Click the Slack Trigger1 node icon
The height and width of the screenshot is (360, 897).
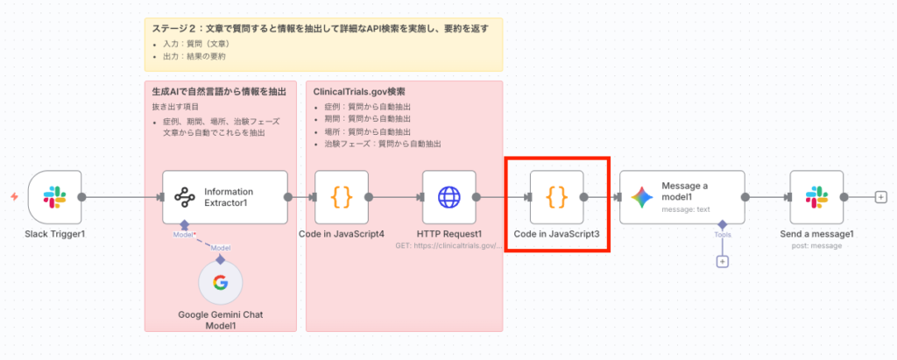54,196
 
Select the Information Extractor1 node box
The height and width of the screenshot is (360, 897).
225,196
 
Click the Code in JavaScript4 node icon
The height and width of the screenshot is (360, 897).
342,196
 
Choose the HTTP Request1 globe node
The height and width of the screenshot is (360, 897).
448,196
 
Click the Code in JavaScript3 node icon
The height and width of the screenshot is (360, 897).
556,196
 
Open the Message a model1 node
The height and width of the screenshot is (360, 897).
682,196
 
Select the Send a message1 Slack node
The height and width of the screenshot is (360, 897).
816,196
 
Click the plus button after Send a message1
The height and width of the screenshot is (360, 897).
880,196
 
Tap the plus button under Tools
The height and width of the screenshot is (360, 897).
723,261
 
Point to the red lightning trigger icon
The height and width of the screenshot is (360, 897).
13,196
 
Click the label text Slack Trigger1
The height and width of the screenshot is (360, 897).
54,235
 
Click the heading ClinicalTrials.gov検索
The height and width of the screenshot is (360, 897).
359,91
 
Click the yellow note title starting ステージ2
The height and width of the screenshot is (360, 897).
320,29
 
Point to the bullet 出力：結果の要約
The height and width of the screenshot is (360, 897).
194,57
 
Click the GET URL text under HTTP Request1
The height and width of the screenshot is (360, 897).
448,246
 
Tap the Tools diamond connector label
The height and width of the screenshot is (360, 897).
723,234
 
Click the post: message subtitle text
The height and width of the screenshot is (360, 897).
816,246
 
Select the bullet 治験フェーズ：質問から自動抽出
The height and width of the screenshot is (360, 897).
382,143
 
